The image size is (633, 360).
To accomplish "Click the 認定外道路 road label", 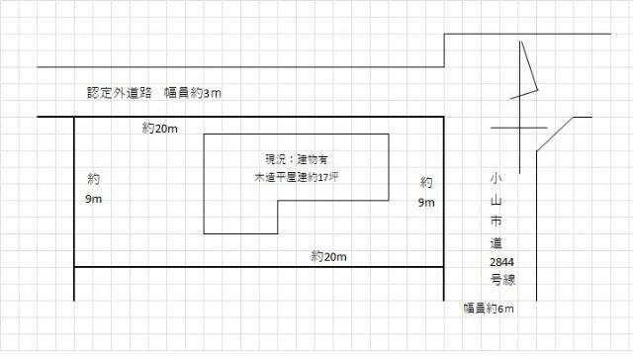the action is pyautogui.click(x=120, y=93).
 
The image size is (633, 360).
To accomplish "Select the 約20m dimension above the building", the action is pyautogui.click(x=159, y=129).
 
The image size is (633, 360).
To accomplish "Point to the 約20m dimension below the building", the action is pyautogui.click(x=328, y=256).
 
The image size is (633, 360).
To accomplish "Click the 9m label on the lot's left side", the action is pyautogui.click(x=94, y=201).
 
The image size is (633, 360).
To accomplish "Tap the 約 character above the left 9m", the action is pyautogui.click(x=93, y=181).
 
